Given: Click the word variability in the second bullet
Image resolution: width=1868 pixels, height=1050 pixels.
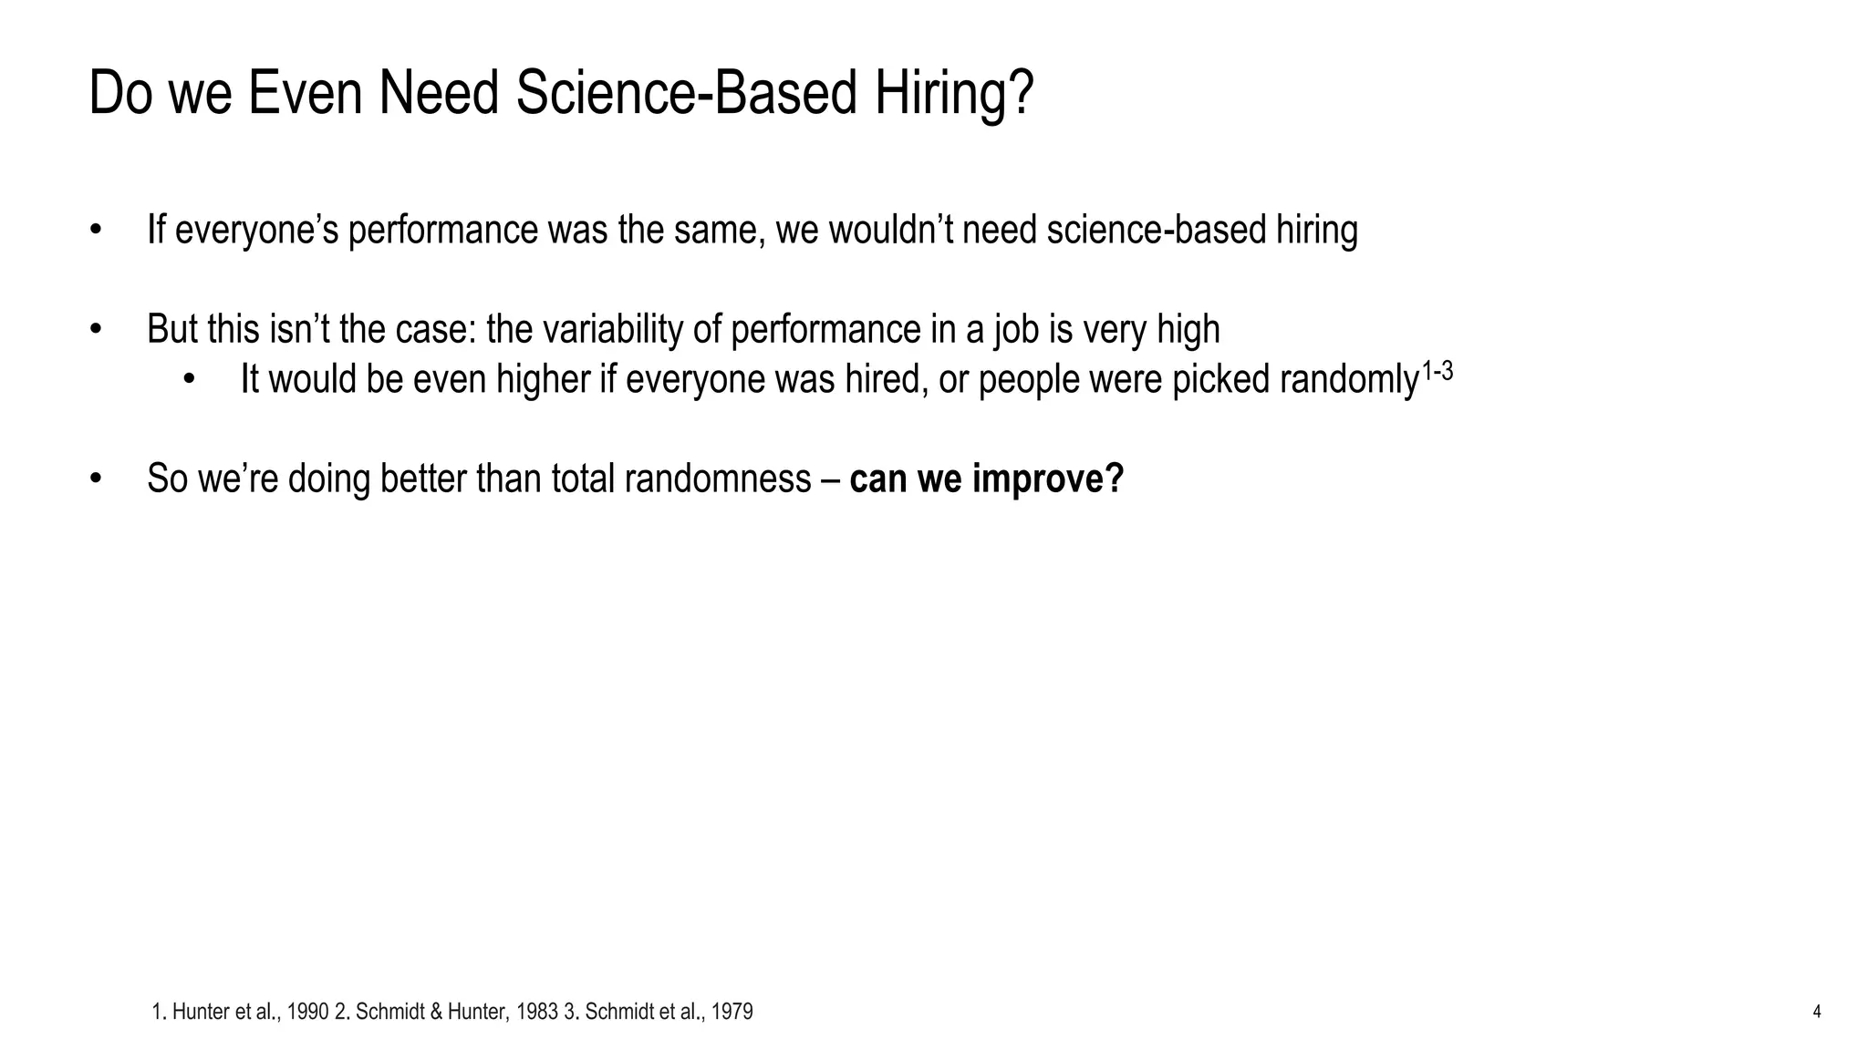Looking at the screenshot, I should tap(612, 329).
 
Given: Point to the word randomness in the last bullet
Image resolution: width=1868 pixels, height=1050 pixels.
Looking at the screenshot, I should tap(718, 479).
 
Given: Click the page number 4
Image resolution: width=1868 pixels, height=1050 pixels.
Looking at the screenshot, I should tap(1816, 1012).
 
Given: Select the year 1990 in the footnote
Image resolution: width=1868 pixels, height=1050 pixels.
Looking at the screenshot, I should tap(307, 1012).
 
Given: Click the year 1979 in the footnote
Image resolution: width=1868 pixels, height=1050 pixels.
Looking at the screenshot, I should tap(732, 1012).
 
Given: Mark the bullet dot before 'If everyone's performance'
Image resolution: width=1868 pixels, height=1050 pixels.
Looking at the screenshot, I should tap(95, 230).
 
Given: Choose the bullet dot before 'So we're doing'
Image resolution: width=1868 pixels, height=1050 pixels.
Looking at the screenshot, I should tap(95, 479).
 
